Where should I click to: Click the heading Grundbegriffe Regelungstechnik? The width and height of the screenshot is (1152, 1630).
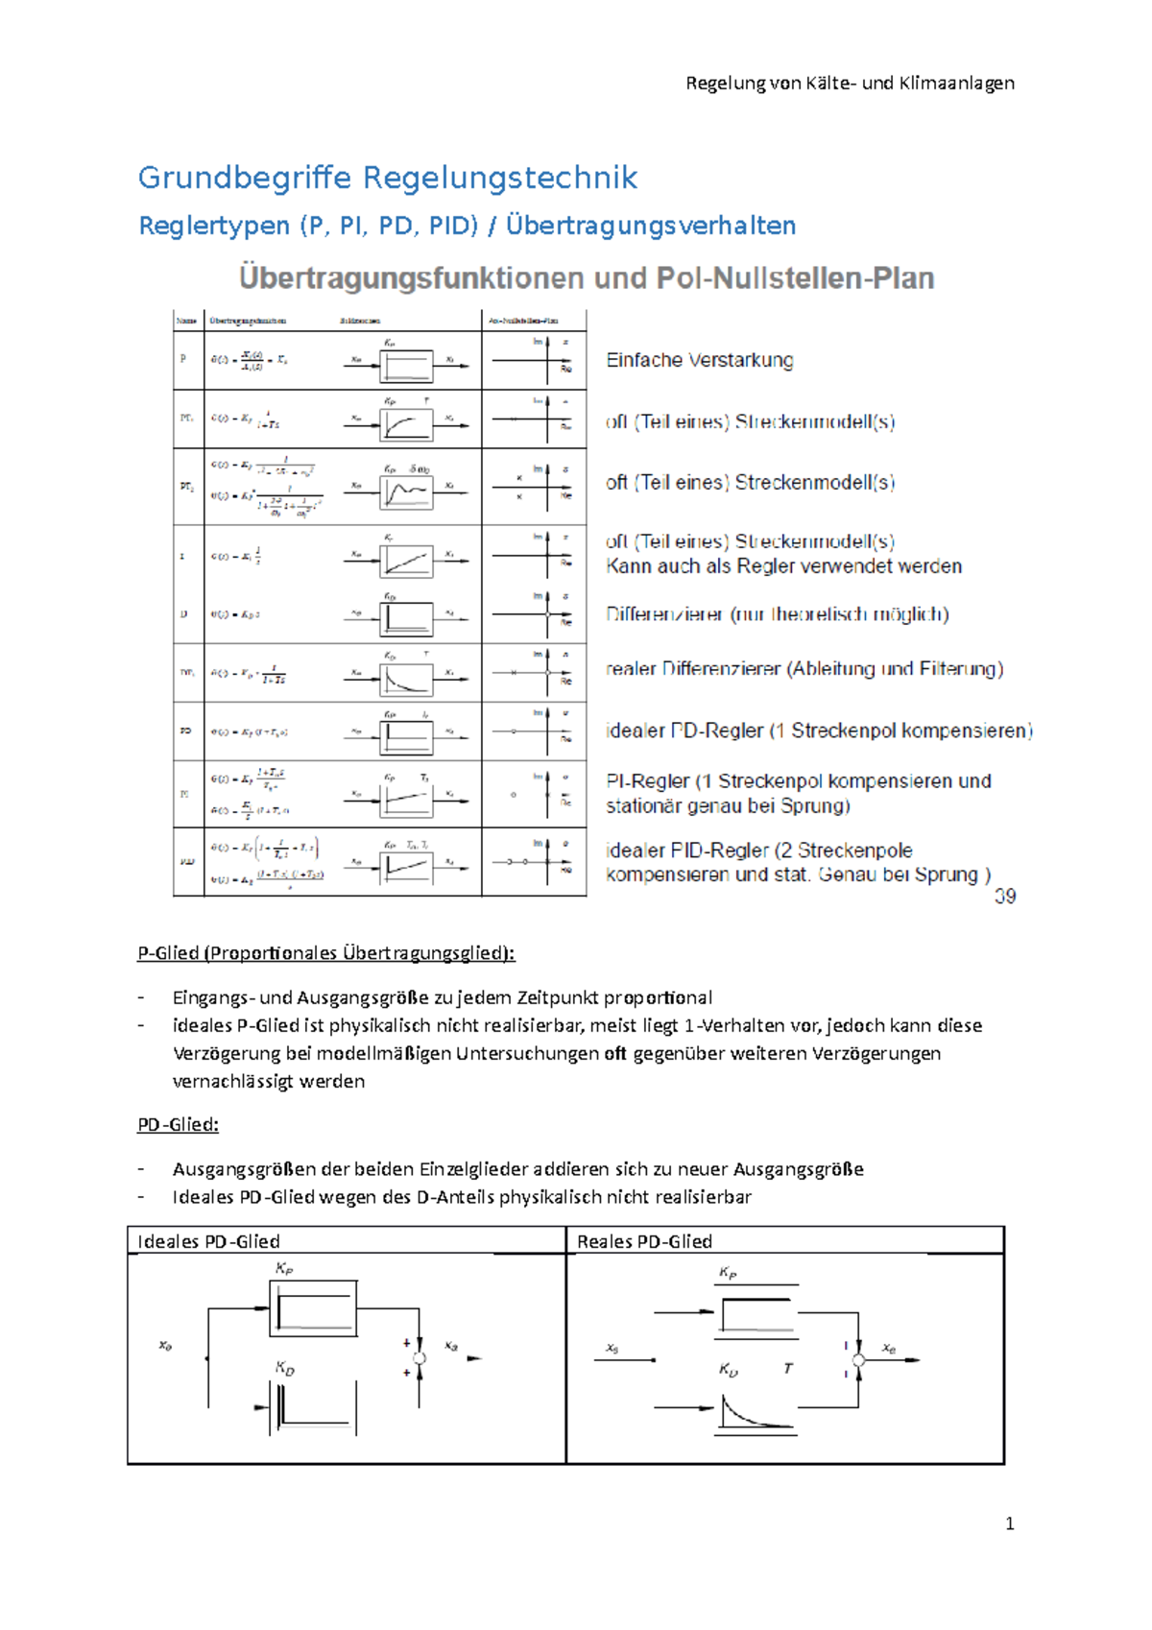388,178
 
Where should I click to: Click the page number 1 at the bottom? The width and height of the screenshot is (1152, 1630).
1009,1523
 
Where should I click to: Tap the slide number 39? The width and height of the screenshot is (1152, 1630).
1005,896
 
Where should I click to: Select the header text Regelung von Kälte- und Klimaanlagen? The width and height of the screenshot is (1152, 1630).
850,84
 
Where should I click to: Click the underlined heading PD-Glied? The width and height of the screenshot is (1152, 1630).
178,1124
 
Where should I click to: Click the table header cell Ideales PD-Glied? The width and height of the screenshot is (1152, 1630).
208,1241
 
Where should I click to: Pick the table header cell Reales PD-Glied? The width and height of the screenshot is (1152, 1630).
644,1241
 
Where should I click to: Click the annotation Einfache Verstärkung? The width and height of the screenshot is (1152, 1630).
700,360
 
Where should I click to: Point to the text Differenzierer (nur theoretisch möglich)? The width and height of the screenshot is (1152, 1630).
777,614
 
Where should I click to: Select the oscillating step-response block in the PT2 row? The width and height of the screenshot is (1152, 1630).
406,492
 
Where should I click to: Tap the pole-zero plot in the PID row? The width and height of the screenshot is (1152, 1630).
534,862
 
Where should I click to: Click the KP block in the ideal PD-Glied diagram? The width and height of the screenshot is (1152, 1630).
314,1308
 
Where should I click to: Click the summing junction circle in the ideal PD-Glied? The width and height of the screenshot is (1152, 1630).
420,1358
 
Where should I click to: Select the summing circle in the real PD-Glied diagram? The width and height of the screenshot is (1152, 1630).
858,1360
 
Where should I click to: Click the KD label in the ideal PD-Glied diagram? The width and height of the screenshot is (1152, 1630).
285,1367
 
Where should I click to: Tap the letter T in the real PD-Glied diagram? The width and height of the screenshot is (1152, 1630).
788,1368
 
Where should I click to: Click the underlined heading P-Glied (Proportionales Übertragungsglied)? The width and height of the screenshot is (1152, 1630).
326,953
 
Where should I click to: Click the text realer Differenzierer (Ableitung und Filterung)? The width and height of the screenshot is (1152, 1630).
804,669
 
